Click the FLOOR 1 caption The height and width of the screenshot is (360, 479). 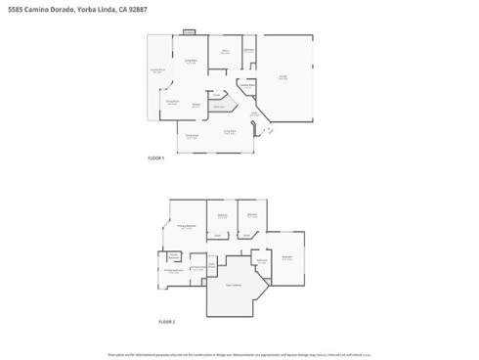155,158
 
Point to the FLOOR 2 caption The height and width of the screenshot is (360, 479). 166,322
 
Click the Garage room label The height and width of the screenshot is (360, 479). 283,76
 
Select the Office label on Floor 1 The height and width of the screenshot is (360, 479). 225,50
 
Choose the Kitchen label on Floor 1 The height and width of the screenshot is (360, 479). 196,104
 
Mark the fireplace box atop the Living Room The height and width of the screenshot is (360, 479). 190,33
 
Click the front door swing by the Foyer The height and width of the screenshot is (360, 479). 264,130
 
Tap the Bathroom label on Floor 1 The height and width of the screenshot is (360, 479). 249,49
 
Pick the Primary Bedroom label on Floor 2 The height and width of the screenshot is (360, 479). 185,227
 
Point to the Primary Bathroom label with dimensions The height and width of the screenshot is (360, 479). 175,270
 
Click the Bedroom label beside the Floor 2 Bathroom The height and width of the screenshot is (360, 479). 286,257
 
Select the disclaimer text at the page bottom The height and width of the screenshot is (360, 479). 239,353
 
